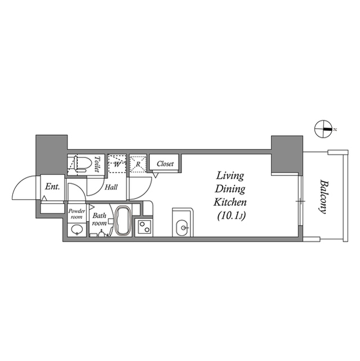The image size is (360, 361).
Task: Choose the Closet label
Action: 165,164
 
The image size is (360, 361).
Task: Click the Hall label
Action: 111,187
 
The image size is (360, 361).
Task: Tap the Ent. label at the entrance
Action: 52,187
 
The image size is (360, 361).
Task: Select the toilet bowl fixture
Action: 81,163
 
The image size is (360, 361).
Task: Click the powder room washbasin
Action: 75,230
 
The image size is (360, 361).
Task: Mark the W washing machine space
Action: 117,164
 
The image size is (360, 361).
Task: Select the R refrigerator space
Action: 137,164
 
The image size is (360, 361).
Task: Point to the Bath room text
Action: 100,219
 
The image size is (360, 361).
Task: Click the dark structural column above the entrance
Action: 51,154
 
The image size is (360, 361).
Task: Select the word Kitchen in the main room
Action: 229,201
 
